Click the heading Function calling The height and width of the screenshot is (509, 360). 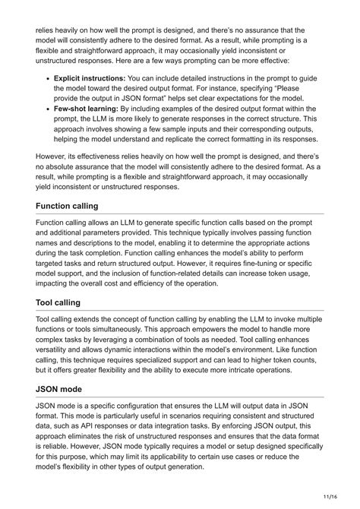(78, 206)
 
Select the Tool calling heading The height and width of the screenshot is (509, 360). (65, 302)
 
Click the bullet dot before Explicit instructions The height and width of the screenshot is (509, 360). (48, 77)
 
